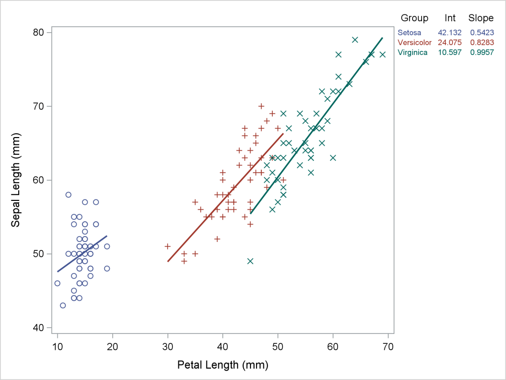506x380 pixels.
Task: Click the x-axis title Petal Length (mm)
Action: pyautogui.click(x=222, y=366)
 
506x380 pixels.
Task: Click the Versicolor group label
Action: pyautogui.click(x=415, y=42)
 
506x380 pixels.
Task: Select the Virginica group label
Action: pyautogui.click(x=413, y=52)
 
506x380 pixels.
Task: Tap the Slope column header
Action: pyautogui.click(x=481, y=18)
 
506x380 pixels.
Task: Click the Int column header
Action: pyautogui.click(x=450, y=18)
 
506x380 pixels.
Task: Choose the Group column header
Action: pyautogui.click(x=414, y=18)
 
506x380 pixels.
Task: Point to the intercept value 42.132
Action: pyautogui.click(x=450, y=32)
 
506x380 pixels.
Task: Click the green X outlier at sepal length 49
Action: pyautogui.click(x=250, y=261)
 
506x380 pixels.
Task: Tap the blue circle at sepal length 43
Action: pyautogui.click(x=63, y=305)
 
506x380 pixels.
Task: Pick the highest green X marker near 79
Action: pyautogui.click(x=355, y=40)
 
